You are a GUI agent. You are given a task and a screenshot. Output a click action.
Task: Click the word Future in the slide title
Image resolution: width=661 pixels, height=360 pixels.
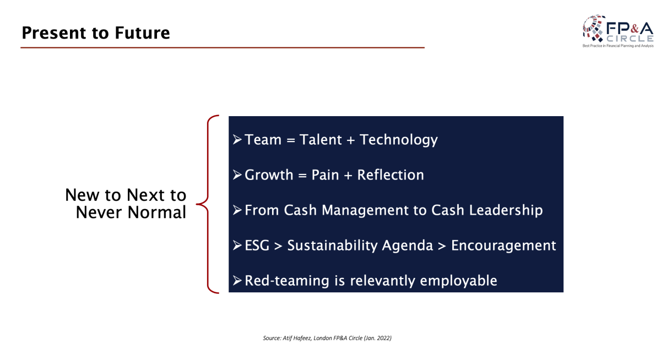click(142, 32)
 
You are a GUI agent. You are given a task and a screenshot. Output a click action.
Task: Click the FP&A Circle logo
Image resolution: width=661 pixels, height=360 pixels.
click(618, 31)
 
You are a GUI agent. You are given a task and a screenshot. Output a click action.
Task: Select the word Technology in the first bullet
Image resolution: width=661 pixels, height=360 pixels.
click(399, 140)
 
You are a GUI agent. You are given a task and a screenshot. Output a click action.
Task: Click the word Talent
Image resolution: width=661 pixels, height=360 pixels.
click(321, 139)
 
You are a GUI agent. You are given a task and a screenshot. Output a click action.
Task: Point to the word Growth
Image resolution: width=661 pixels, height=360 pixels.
click(269, 175)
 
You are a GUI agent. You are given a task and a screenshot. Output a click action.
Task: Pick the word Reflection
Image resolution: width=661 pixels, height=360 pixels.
click(391, 175)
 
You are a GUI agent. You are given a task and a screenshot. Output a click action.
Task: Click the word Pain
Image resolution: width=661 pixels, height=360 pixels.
click(325, 175)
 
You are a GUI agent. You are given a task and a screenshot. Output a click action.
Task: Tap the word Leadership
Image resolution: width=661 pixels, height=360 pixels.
click(506, 210)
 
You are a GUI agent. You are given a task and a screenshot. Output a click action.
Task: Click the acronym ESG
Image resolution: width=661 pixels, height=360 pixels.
click(257, 246)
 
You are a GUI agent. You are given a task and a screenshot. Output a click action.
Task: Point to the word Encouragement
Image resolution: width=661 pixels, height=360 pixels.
click(503, 246)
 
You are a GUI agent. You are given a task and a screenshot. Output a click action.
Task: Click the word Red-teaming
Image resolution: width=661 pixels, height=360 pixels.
click(287, 281)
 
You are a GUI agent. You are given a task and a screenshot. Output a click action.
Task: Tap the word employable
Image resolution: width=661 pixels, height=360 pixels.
click(458, 281)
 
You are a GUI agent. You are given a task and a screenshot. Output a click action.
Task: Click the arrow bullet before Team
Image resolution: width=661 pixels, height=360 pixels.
click(237, 139)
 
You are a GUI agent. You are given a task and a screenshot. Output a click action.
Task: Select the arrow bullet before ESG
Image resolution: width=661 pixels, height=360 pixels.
click(237, 246)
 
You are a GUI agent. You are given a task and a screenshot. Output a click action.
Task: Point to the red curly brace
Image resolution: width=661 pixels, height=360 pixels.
click(208, 204)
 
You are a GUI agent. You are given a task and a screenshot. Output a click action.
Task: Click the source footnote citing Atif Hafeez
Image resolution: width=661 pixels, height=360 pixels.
click(327, 338)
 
